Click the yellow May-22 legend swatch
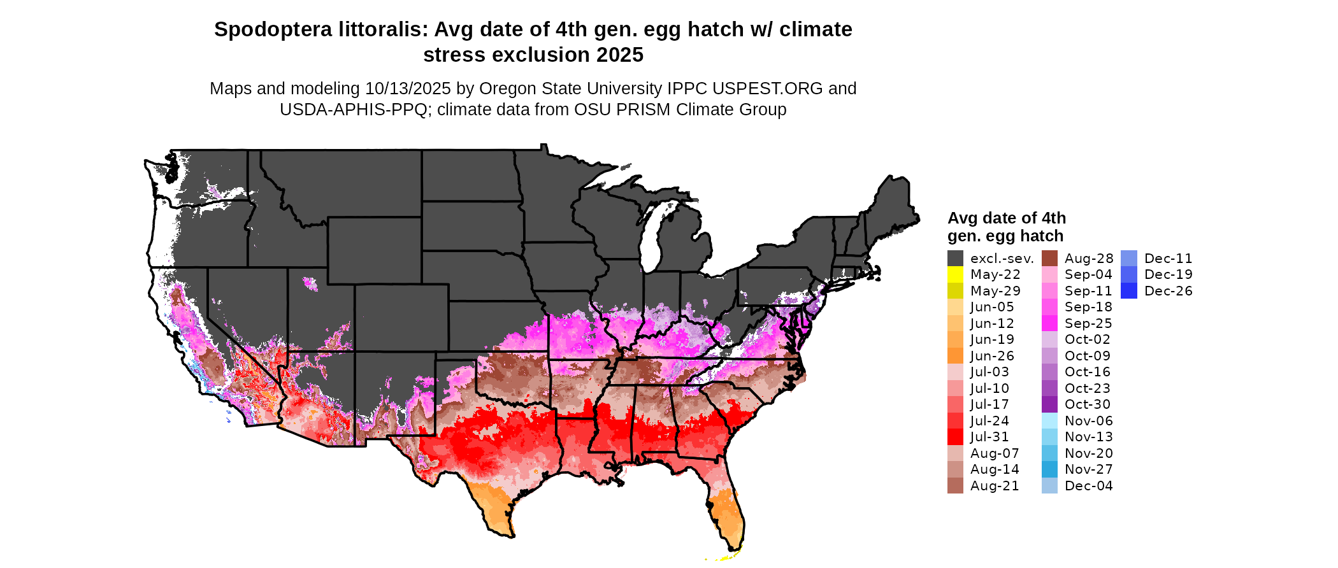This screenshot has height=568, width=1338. (x=955, y=274)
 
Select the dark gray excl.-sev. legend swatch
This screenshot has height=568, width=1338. (x=955, y=259)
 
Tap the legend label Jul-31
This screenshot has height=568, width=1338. (x=989, y=437)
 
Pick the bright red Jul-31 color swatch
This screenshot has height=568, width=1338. (x=955, y=437)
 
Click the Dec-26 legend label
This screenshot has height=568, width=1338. (x=1168, y=291)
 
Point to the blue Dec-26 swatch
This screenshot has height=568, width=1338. (x=1128, y=291)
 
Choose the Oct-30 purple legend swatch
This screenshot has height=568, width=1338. (x=1049, y=404)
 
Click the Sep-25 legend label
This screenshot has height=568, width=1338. (x=1088, y=323)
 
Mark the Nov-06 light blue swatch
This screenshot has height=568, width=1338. (x=1049, y=421)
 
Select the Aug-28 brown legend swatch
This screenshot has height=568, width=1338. (x=1049, y=259)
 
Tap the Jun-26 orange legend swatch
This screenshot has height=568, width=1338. (x=955, y=356)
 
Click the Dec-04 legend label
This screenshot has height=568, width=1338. (x=1088, y=486)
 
